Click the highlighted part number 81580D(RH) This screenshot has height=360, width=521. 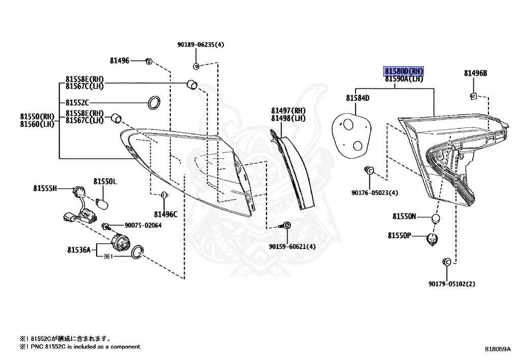coord(403,71)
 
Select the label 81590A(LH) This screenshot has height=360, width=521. coord(403,79)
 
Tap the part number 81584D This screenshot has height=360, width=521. coord(358,98)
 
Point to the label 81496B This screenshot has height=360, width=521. coord(475,73)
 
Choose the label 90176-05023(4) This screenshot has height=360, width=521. coord(374,193)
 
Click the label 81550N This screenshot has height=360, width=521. coord(404,216)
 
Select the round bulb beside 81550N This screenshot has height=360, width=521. coord(435,218)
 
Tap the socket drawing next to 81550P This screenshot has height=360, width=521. coord(433,238)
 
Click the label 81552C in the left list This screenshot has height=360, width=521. coord(77,102)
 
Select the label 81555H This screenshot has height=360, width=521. coord(46,189)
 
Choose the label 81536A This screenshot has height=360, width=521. coord(78,250)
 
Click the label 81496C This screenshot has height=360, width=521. coord(165,214)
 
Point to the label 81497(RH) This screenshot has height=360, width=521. coord(288,110)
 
